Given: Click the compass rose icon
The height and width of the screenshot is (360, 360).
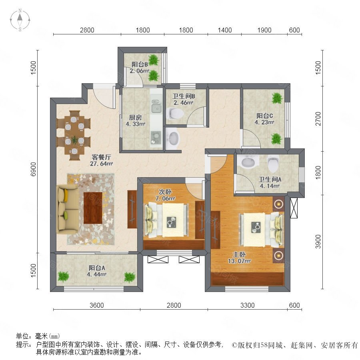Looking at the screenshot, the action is (20, 20).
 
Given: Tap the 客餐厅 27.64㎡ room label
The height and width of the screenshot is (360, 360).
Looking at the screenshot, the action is (102, 160).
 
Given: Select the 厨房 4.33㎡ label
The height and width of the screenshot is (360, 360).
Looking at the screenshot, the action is (135, 121).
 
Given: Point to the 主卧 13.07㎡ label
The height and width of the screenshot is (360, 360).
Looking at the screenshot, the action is (239, 258).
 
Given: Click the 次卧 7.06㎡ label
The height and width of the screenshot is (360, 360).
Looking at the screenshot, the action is (165, 195).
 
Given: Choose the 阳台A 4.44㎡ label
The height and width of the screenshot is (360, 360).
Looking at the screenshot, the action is (97, 271).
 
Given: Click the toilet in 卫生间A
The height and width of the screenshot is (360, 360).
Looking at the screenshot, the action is (273, 164).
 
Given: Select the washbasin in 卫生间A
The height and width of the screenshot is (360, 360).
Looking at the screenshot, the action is (248, 162).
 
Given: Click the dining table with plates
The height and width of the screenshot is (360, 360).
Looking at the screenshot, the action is (74, 136).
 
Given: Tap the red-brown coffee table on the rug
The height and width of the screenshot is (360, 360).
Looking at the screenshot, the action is (93, 208).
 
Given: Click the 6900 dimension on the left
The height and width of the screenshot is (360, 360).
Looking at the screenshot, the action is (34, 170).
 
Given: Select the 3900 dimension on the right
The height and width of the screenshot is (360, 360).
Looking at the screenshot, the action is (318, 242).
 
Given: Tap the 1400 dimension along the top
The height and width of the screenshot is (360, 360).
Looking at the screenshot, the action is (225, 30).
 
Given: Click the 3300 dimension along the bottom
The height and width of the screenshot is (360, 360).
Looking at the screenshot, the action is (248, 305).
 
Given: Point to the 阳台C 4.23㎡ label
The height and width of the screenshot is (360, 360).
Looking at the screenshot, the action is (264, 119).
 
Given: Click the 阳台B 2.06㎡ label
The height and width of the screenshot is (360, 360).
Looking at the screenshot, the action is (139, 68).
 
